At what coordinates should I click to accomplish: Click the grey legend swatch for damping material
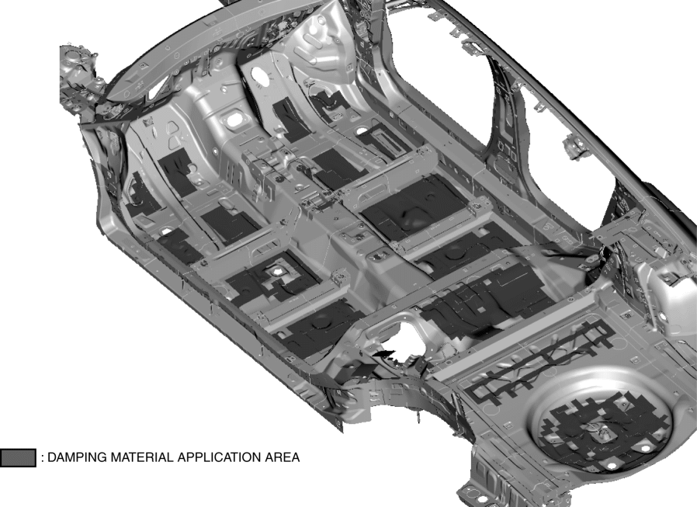(x=18, y=457)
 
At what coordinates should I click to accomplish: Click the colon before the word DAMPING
(x=42, y=458)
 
